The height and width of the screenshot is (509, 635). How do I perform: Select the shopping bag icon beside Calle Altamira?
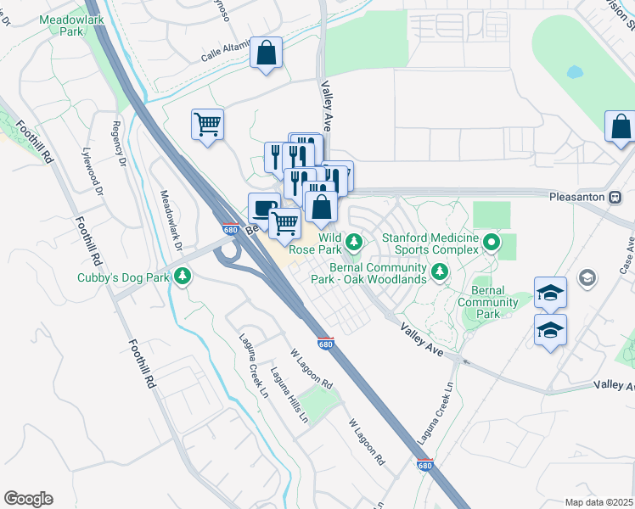click(267, 53)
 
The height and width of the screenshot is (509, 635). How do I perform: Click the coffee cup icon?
click(264, 208)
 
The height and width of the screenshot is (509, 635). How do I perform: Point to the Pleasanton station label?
click(576, 196)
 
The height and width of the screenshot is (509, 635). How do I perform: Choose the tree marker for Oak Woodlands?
click(439, 271)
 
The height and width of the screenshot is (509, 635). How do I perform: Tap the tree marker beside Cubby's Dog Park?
click(181, 276)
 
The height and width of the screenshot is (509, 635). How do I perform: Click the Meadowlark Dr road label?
click(172, 219)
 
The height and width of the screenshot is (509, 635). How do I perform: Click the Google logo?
click(28, 499)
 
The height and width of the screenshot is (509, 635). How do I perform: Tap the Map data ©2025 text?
click(599, 502)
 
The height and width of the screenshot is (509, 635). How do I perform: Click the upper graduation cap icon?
click(550, 294)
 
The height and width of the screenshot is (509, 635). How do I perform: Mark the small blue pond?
click(575, 72)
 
